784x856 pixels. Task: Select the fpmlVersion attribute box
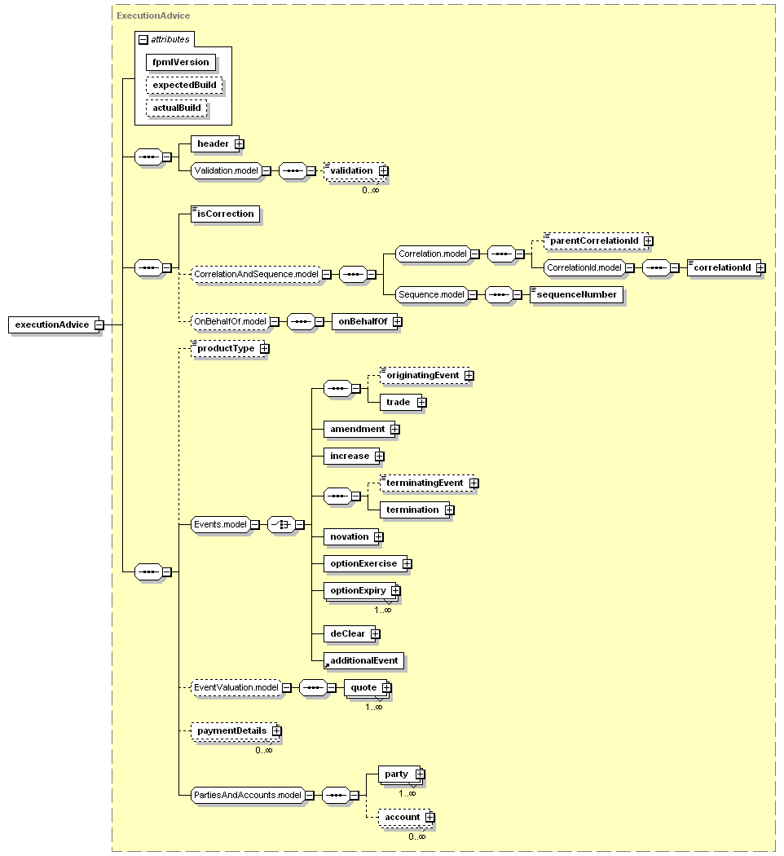(181, 62)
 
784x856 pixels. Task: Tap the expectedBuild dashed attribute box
(184, 85)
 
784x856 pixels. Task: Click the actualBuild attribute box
(177, 108)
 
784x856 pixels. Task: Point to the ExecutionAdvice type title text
(153, 15)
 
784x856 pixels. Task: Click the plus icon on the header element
(240, 144)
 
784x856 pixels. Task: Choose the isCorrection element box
(225, 214)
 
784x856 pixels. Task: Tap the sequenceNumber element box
(576, 295)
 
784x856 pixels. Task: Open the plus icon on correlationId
(761, 268)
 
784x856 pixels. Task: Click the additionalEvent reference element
(364, 660)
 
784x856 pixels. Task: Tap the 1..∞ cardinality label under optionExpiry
(383, 611)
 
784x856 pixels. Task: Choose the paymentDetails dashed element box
(236, 731)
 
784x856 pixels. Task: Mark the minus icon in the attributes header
(143, 40)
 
